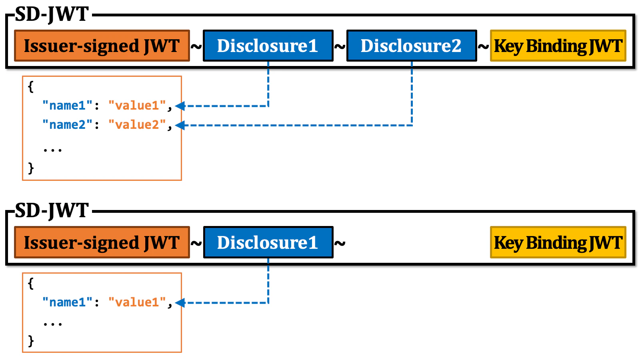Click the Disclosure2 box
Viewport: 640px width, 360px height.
(412, 46)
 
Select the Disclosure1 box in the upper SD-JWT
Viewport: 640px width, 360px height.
(268, 46)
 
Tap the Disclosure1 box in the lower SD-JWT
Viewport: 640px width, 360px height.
(268, 242)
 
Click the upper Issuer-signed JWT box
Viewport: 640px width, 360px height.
(102, 46)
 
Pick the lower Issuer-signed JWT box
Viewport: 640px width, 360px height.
(102, 242)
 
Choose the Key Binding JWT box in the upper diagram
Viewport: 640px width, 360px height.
(558, 46)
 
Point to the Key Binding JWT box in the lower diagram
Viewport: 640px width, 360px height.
(558, 242)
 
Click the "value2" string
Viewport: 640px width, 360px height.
(137, 125)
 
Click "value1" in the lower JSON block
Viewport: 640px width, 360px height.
(137, 302)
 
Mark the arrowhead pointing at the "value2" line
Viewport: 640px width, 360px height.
(180, 125)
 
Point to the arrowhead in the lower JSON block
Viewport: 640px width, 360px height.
(180, 303)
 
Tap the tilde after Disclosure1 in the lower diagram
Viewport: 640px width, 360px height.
(340, 244)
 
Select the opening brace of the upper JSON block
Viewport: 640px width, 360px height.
(31, 86)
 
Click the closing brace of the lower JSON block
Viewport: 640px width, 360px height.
(31, 341)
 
